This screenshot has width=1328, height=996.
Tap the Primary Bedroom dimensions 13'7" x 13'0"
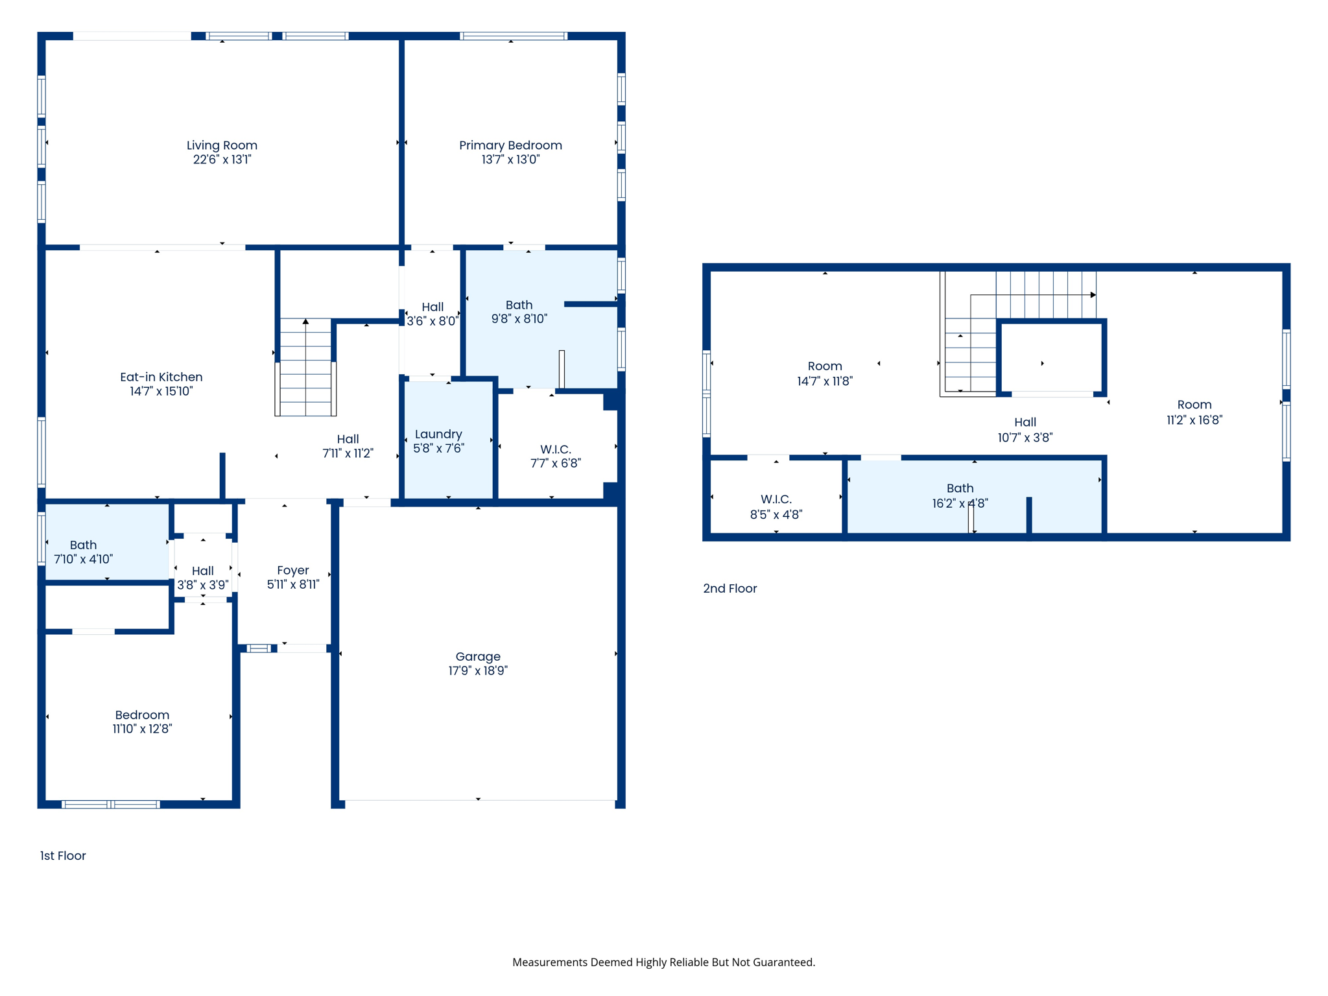coord(510,160)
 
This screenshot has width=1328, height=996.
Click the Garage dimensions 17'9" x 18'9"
coord(478,670)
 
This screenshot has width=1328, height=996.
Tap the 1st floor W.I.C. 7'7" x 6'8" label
coord(556,456)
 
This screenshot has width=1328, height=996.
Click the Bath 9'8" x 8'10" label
coord(519,311)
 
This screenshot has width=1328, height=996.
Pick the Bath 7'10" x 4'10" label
coord(83,552)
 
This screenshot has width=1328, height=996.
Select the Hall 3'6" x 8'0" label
coord(433,314)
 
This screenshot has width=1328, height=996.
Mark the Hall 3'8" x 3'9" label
coord(203,578)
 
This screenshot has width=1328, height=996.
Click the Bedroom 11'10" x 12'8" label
coord(142,722)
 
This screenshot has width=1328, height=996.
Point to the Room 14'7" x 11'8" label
coord(825,373)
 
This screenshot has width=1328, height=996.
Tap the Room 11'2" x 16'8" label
coord(1194,412)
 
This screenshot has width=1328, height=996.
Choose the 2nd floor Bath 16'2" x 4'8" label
coord(960,495)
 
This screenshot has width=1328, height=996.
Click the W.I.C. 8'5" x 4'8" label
coord(776,506)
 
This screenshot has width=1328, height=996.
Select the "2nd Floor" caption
coord(730,588)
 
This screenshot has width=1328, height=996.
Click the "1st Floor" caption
coord(63,855)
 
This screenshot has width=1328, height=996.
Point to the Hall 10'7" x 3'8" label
coord(1025,430)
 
